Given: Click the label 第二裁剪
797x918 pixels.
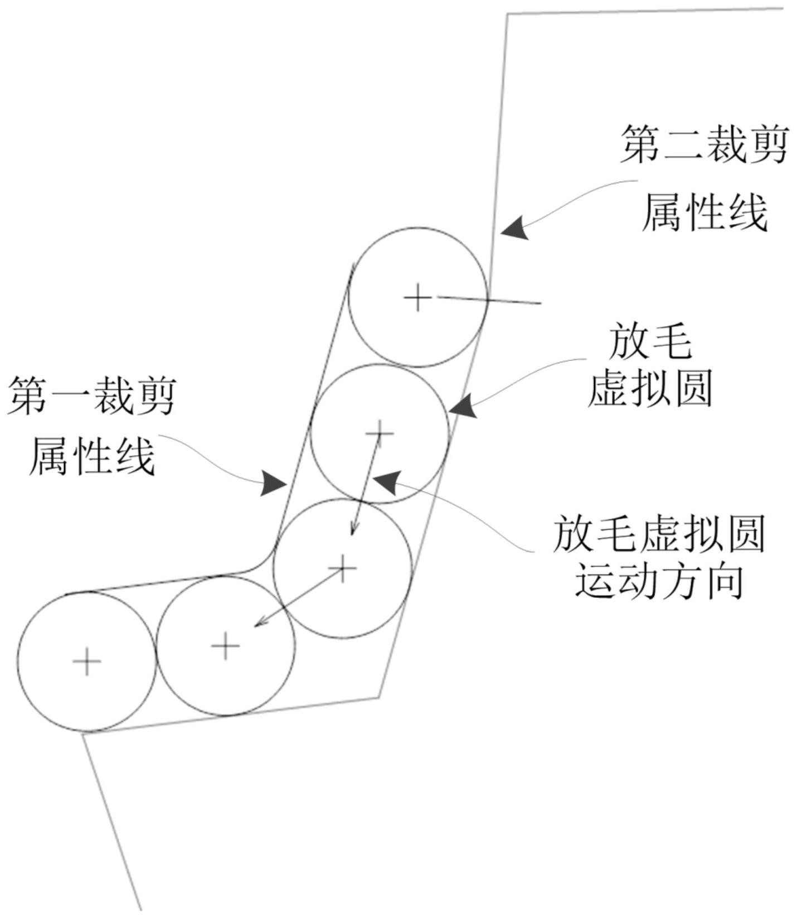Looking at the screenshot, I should pos(704,146).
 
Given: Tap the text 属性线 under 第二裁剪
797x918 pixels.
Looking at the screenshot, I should pos(704,213).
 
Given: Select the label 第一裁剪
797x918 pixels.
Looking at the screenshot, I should pos(91,396).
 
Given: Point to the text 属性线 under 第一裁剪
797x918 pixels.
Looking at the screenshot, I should pos(91,456).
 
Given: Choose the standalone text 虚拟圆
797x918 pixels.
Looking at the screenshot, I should pos(650,389).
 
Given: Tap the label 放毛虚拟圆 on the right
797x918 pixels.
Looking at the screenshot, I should pos(659,534).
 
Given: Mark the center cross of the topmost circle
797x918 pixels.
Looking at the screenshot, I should pos(417,297).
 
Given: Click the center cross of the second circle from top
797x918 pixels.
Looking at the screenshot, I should pos(380,433).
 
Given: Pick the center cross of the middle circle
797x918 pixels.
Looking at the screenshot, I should pos(342,568).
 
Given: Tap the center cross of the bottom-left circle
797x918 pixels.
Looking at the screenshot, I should pos(87,662).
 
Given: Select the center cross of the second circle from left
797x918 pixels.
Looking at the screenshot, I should pos(226,646).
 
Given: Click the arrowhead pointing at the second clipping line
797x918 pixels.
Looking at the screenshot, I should pos(513,229).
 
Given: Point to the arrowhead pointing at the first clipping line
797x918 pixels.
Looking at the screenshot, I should pos(274,482).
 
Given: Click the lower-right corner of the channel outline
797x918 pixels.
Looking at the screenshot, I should pos(380,697).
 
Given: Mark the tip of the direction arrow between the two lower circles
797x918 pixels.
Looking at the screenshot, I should pos(255,626).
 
